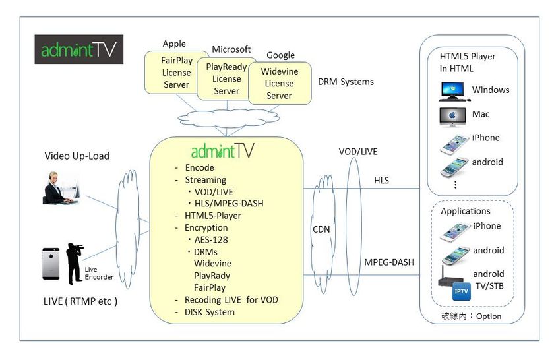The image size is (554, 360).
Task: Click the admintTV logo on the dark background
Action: (x=78, y=50)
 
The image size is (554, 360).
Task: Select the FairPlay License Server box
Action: (x=176, y=73)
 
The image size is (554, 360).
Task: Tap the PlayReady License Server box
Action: (x=226, y=78)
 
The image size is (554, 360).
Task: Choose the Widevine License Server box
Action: (x=279, y=84)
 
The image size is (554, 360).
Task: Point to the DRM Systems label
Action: (x=346, y=82)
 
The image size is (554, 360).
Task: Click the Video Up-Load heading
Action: (x=77, y=156)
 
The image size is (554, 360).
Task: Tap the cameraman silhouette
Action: (x=75, y=264)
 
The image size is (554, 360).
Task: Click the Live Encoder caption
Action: (x=99, y=274)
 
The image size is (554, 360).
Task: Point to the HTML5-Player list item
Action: (x=213, y=216)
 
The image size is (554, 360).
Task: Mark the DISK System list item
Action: (x=210, y=312)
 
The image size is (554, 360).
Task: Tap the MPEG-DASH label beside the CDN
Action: (x=389, y=262)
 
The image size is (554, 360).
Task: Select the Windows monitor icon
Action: (x=453, y=90)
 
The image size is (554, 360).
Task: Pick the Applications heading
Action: (x=466, y=211)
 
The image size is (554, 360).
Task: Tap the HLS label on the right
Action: (x=382, y=179)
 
